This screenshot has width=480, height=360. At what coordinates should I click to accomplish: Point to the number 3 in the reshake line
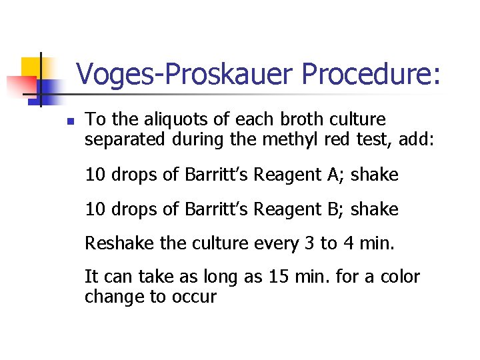[309, 244]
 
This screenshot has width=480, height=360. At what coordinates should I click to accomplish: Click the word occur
[197, 297]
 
